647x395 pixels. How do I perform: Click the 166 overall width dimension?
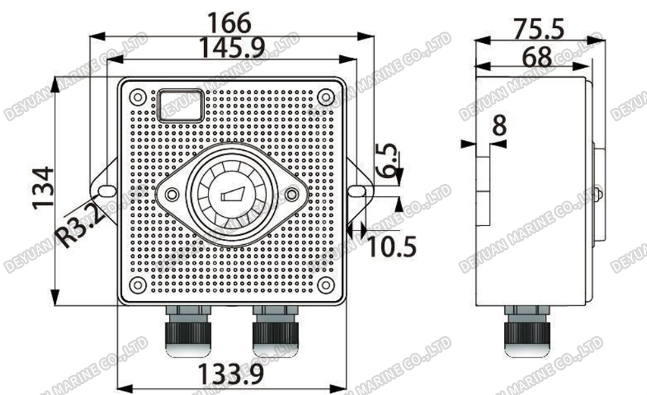pos(232,22)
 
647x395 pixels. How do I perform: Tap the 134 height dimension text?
pos(42,188)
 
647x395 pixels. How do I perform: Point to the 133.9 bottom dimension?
pos(231,373)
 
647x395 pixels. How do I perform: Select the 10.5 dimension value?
pos(393,246)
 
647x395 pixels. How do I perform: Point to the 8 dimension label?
pos(499,125)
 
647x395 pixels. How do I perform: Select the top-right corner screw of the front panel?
pos(326,96)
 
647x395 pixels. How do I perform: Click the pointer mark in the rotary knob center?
pos(232,194)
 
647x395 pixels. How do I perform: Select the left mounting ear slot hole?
pos(106,191)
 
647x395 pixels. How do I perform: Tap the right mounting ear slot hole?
pos(357,191)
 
